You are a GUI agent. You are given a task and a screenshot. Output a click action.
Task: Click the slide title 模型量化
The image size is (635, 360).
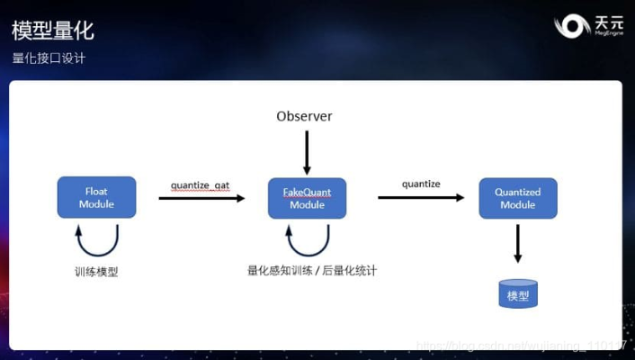click(53, 31)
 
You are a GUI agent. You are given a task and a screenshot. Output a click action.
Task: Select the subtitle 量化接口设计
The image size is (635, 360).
click(49, 58)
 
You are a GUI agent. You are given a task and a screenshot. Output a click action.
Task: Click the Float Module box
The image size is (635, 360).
click(97, 198)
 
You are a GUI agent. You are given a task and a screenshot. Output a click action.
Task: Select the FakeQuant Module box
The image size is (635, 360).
click(307, 198)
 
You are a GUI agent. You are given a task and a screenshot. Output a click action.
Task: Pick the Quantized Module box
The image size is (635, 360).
click(518, 198)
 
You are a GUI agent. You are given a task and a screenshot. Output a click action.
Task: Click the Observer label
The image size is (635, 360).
click(304, 116)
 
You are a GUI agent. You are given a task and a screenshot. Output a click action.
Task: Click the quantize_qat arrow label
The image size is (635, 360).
click(200, 185)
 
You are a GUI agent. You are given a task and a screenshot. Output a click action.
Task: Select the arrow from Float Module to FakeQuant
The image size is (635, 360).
click(201, 198)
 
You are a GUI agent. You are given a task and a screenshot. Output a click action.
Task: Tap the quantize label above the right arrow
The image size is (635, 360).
click(421, 184)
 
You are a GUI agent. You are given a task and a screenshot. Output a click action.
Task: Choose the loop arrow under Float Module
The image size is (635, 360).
click(97, 240)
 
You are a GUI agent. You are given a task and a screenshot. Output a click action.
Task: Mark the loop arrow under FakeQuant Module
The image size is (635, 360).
click(308, 240)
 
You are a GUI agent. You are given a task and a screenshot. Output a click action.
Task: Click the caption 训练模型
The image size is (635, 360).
click(96, 271)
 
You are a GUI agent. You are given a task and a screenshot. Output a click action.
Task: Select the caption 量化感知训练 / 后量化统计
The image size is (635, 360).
click(311, 269)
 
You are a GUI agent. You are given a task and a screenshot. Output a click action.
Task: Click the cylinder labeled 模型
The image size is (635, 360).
click(518, 293)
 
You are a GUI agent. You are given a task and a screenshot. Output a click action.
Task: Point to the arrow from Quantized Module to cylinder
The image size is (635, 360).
click(518, 243)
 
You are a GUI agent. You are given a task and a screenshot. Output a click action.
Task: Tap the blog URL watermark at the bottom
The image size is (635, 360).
click(522, 346)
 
